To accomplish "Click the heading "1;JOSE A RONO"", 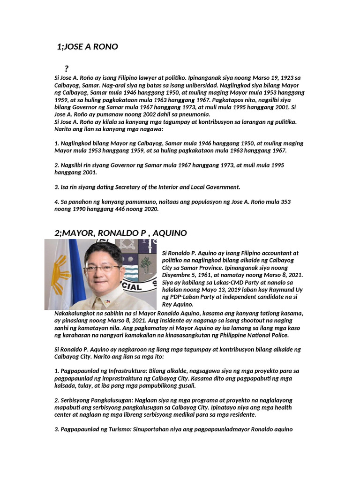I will pyautogui.click(x=87, y=47).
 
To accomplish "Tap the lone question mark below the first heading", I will pyautogui.click(x=67, y=69).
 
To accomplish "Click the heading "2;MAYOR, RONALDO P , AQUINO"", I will pyautogui.click(x=121, y=233).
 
